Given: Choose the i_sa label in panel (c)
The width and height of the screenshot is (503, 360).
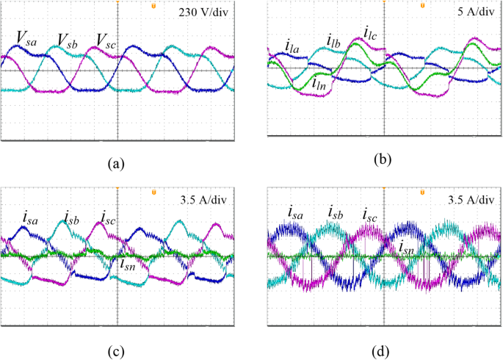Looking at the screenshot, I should coord(31,217).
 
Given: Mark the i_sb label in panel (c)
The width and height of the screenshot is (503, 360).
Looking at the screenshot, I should coord(70,217).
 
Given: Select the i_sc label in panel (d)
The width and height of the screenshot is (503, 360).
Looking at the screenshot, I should coord(370,214).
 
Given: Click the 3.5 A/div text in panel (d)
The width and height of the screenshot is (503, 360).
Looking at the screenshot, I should coord(471,197).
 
